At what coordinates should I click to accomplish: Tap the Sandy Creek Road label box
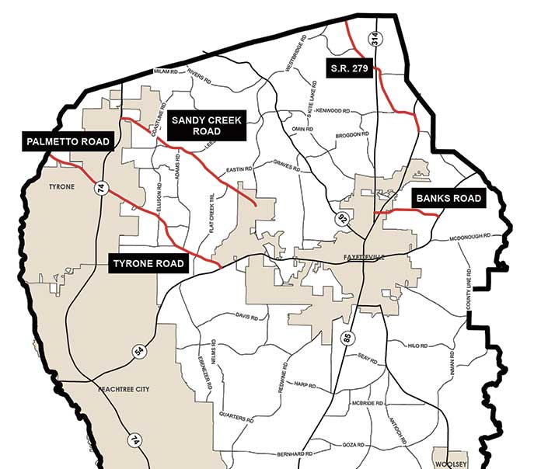point(207,125)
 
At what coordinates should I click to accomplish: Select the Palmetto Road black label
point(67,141)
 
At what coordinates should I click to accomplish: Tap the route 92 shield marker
point(342,220)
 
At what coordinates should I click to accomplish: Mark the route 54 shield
point(139,351)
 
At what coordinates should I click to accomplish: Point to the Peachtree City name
point(123,387)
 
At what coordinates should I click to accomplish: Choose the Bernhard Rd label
point(294,453)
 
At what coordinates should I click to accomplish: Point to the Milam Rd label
point(166,71)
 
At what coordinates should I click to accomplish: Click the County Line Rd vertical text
point(469,292)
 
